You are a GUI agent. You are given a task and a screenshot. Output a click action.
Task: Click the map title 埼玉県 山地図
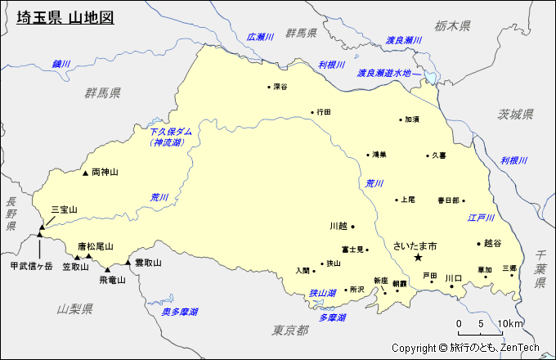pyautogui.click(x=65, y=17)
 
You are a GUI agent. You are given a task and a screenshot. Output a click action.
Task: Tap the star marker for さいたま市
pyautogui.click(x=418, y=258)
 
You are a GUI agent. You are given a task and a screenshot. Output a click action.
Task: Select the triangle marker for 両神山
pyautogui.click(x=85, y=173)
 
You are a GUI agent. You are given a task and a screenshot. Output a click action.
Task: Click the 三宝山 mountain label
pyautogui.click(x=64, y=210)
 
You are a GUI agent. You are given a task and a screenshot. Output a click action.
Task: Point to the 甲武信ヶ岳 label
pyautogui.click(x=31, y=266)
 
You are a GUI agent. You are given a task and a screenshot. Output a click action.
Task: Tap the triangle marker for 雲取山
pyautogui.click(x=128, y=263)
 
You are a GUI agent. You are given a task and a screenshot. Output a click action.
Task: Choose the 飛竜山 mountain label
pyautogui.click(x=112, y=280)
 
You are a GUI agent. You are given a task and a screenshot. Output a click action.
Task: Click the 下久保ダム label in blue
pyautogui.click(x=171, y=131)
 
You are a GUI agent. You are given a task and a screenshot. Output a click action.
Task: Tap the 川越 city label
pyautogui.click(x=338, y=226)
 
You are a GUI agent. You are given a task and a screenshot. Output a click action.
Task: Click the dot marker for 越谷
pyautogui.click(x=479, y=243)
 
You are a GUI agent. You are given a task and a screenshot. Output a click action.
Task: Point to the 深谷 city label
pyautogui.click(x=280, y=86)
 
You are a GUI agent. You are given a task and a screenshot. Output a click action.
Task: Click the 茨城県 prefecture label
pyautogui.click(x=516, y=114)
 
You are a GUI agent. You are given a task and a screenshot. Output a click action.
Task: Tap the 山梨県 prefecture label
pyautogui.click(x=75, y=308)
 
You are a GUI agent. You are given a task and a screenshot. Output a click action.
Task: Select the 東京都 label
pyautogui.click(x=290, y=330)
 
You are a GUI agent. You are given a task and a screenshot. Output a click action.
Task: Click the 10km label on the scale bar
pyautogui.click(x=510, y=323)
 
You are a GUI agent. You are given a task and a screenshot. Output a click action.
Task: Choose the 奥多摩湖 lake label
pyautogui.click(x=179, y=312)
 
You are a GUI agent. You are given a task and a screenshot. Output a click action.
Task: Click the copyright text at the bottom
pyautogui.click(x=465, y=348)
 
